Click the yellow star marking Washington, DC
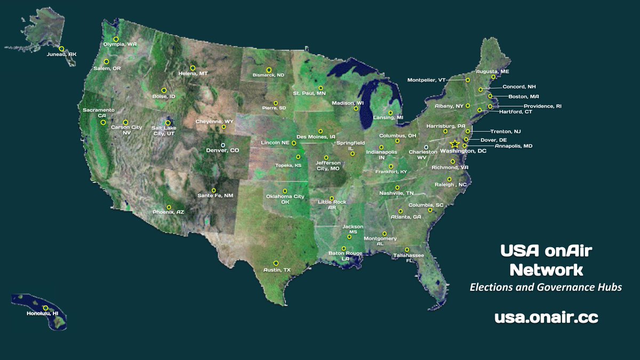(x=454, y=144)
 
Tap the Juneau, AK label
(x=61, y=54)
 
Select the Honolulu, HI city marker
(x=45, y=308)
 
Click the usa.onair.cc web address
(x=546, y=317)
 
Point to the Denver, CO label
(x=222, y=151)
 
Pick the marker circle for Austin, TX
(x=276, y=263)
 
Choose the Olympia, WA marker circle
(x=116, y=39)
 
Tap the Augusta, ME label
(x=493, y=71)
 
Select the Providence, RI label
(x=542, y=106)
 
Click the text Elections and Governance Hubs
(x=546, y=287)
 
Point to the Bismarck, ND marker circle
(x=269, y=69)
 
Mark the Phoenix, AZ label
(x=168, y=212)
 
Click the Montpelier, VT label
(x=426, y=80)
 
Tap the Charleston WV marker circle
(x=426, y=147)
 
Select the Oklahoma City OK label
(x=285, y=199)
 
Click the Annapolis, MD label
(x=513, y=146)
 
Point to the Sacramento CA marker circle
(x=103, y=123)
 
